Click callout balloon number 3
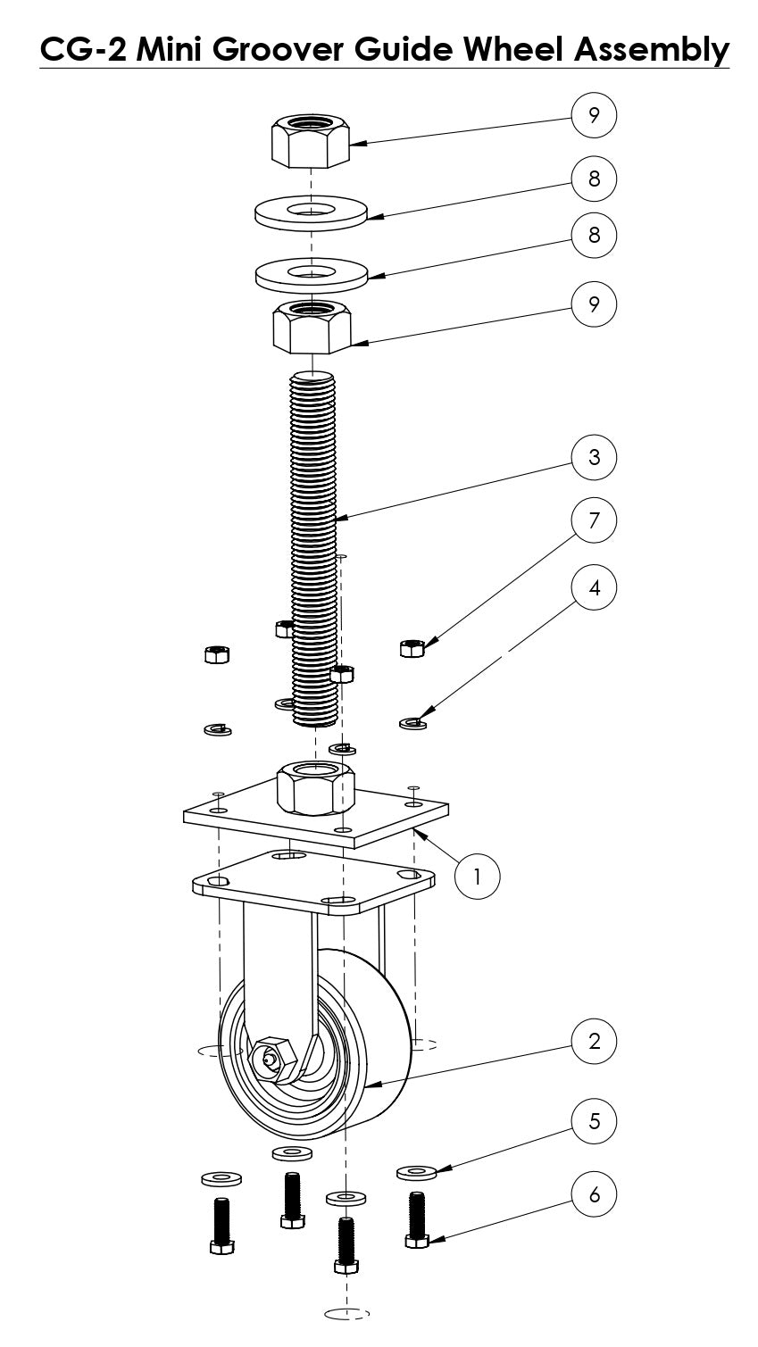[595, 457]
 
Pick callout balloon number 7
[595, 520]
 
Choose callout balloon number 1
[477, 875]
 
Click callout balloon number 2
[595, 1040]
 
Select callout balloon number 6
[595, 1193]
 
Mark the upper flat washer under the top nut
[312, 212]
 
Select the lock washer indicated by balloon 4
[412, 721]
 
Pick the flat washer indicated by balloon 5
[416, 1170]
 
